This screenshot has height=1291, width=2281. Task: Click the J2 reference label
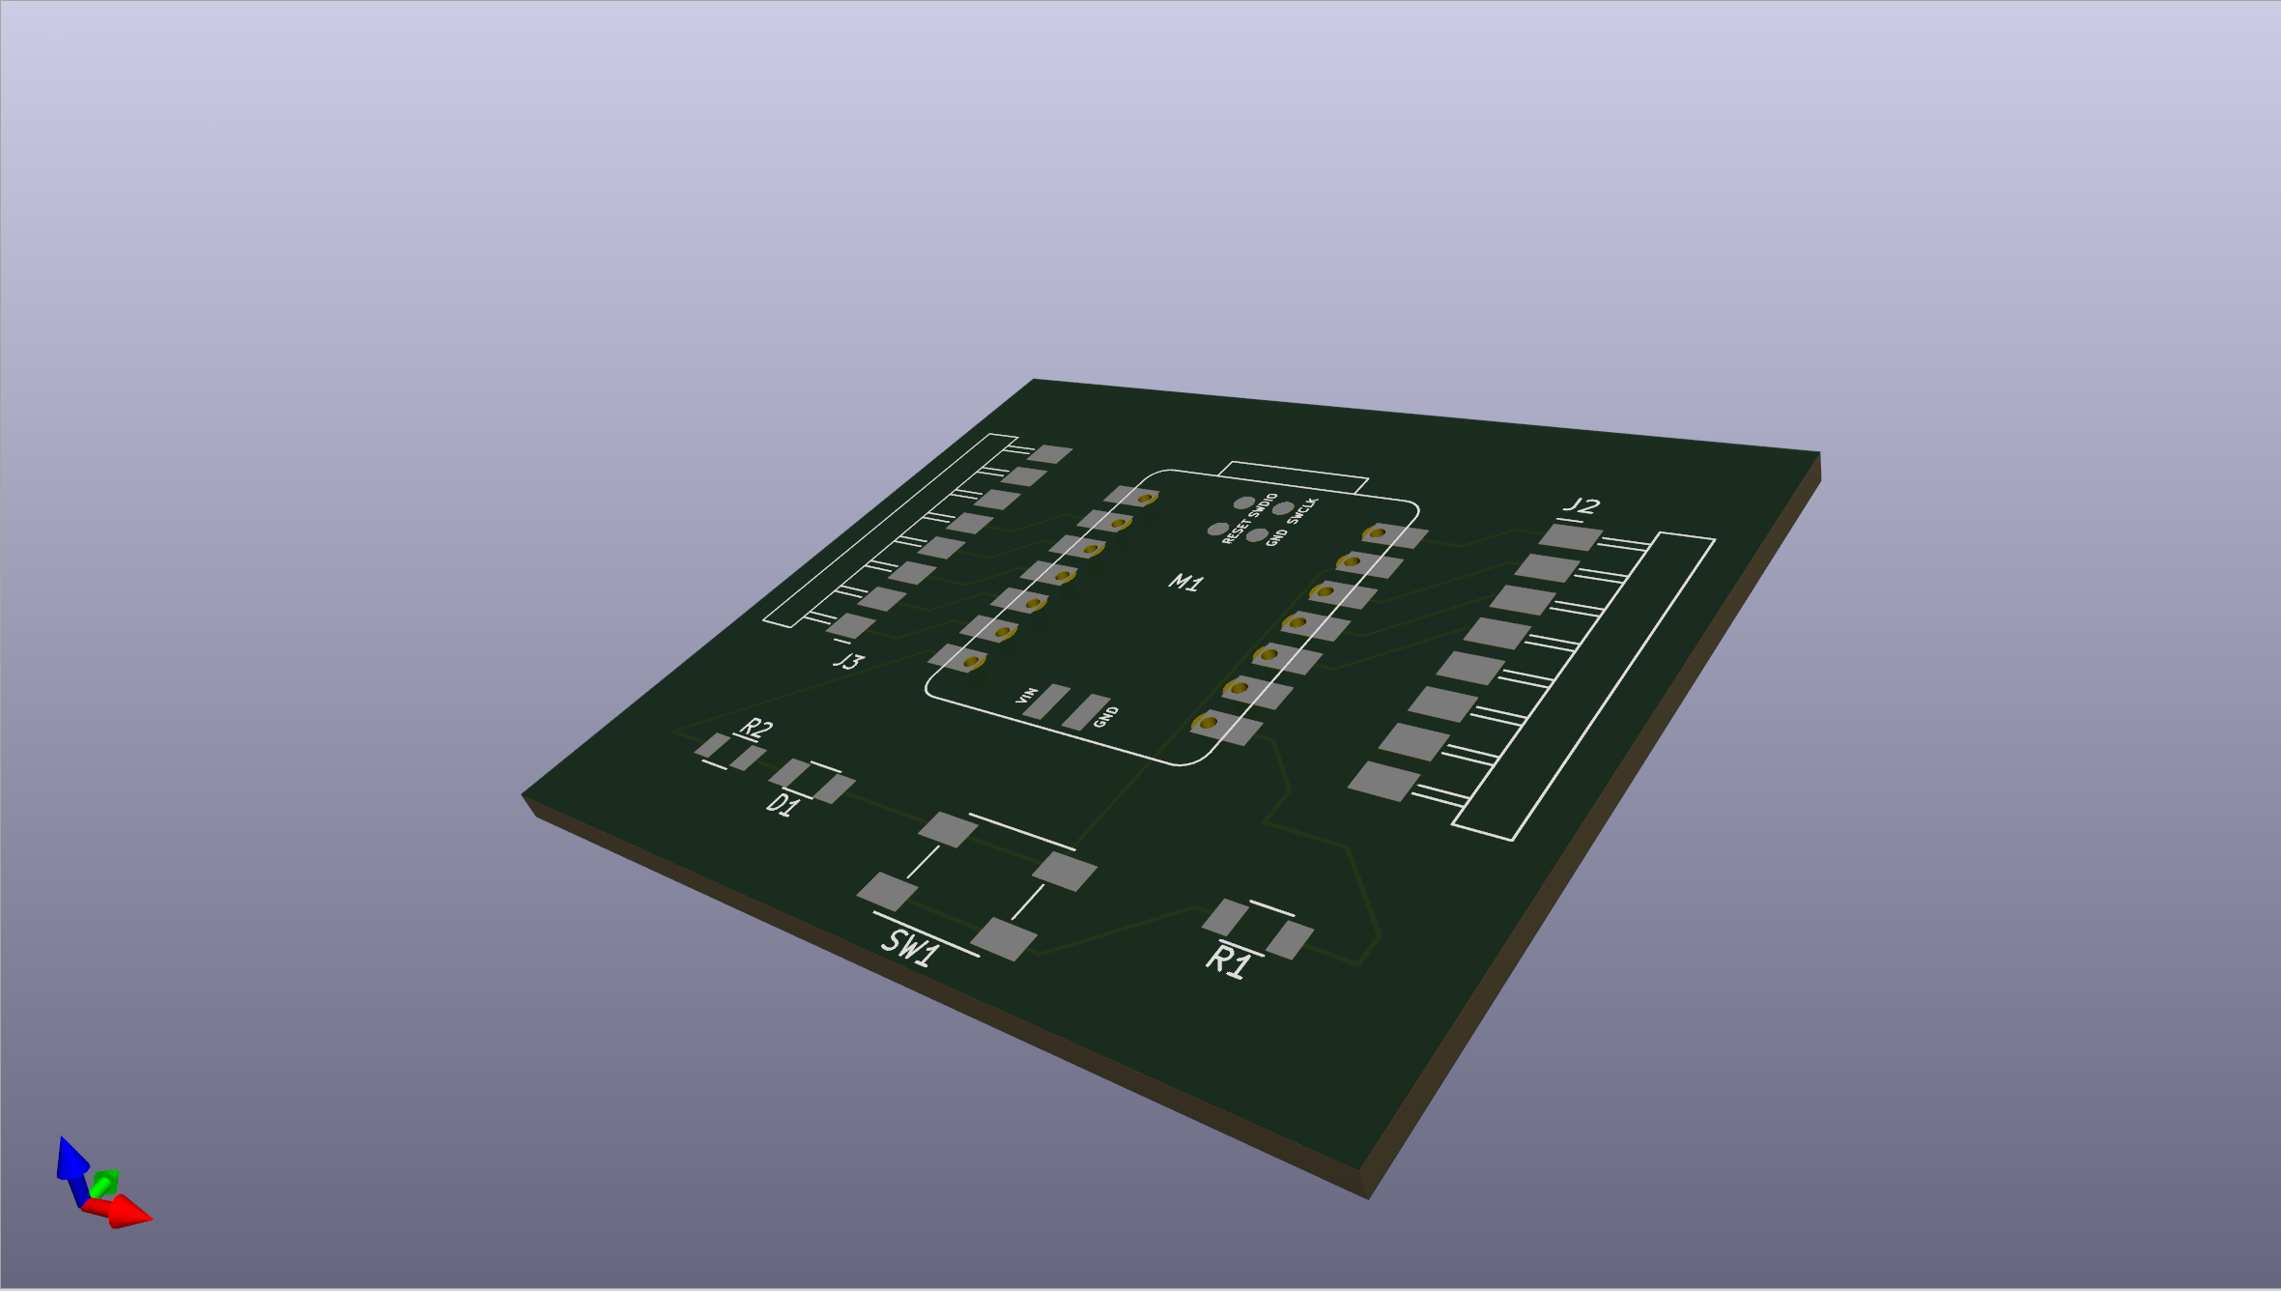click(1582, 505)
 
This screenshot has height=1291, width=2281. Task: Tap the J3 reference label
click(848, 661)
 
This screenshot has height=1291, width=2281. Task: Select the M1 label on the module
click(1185, 582)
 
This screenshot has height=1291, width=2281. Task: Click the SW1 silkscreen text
click(910, 947)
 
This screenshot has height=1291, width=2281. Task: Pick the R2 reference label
click(756, 728)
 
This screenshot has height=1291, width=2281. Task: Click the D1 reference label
click(784, 804)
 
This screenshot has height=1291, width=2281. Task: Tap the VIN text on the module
click(1027, 695)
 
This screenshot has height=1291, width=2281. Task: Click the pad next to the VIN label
click(1046, 702)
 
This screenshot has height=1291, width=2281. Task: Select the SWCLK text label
click(1302, 511)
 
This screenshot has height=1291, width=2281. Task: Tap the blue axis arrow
click(71, 1160)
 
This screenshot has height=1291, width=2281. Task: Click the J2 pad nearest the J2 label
click(1570, 535)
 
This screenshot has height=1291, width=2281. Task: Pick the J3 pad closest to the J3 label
click(851, 625)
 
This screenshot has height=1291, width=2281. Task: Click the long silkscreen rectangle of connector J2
click(1585, 686)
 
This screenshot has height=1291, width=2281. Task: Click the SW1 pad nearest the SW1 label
click(1003, 939)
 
